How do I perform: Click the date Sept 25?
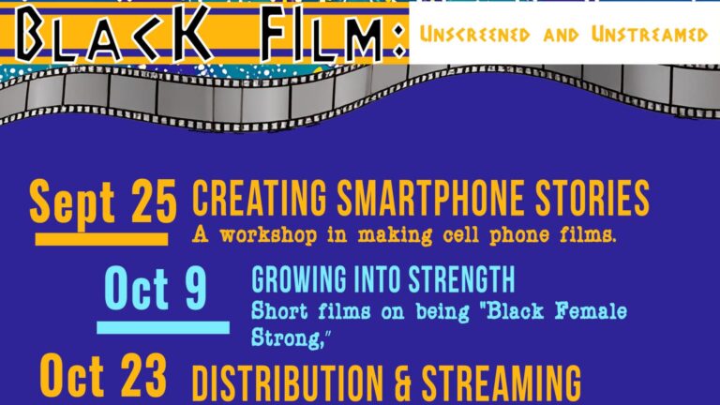pos(102,202)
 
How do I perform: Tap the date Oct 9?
pos(155,290)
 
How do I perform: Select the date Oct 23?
pos(103,381)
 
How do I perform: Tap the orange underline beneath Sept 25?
pos(101,239)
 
